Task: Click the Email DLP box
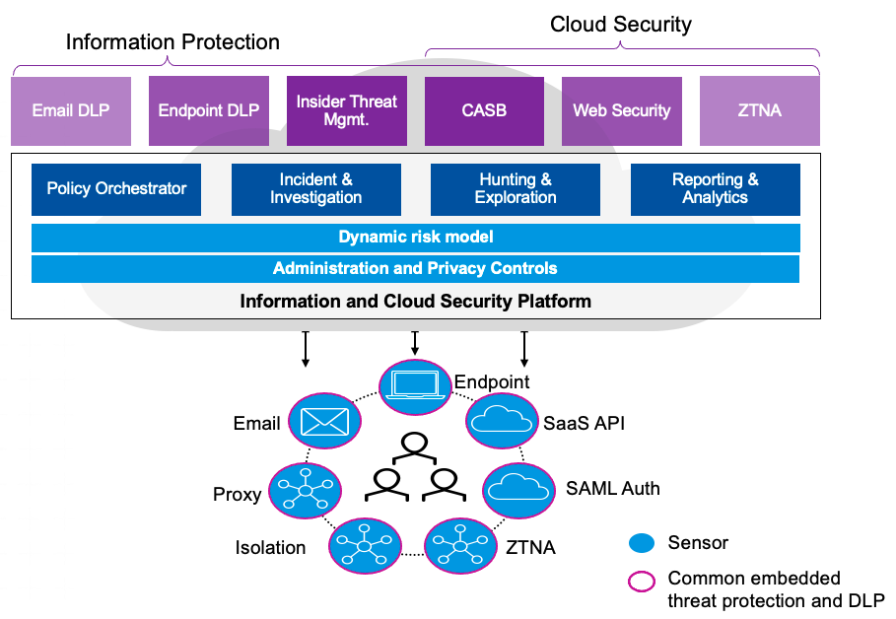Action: coord(71,110)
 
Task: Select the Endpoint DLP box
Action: coord(208,110)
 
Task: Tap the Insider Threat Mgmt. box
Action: coord(346,110)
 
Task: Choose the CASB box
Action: coord(484,110)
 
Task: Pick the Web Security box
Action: coord(621,110)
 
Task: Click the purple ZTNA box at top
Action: coord(759,110)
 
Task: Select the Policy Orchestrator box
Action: coord(116,189)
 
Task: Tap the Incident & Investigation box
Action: coord(315,189)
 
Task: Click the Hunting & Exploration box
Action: coord(516,189)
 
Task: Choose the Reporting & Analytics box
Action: coord(715,189)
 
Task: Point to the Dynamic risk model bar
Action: coord(415,238)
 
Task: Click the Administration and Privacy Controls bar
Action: coord(415,268)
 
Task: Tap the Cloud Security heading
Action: coord(620,25)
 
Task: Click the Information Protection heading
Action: coord(172,42)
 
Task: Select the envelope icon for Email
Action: coord(324,423)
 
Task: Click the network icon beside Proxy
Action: coord(306,490)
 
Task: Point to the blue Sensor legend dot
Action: coord(642,543)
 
